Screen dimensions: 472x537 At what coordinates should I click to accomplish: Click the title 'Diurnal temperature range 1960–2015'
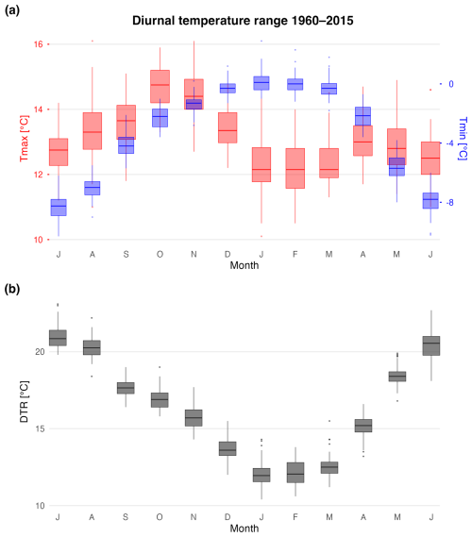coord(243,21)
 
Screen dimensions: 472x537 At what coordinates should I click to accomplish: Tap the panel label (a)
coord(12,10)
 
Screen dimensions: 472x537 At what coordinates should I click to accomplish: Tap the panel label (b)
coord(12,290)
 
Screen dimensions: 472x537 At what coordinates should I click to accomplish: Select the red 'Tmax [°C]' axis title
coord(24,139)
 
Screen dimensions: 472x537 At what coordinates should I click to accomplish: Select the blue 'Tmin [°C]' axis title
coord(463,139)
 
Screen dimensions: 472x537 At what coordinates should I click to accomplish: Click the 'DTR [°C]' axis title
coord(24,402)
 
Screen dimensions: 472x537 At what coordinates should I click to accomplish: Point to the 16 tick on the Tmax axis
coord(39,44)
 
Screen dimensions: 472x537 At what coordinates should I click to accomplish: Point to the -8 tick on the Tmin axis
coord(449,202)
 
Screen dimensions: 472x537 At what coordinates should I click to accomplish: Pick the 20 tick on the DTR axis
coord(40,352)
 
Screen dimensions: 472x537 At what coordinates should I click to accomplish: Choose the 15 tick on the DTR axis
coord(40,428)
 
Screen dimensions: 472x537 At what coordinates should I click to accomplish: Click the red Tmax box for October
coord(160,86)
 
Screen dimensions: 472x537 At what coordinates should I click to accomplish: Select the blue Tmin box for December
coord(228,88)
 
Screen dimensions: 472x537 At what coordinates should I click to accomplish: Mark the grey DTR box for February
coord(295,473)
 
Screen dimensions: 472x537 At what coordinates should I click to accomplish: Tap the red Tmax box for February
coord(295,168)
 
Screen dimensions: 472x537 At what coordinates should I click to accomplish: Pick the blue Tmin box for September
coord(126,145)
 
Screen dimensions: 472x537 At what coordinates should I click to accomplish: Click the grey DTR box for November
coord(194,418)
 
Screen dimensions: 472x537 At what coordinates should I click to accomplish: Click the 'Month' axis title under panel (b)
coord(244,529)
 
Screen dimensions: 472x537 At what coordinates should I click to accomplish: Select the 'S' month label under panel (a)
coord(126,255)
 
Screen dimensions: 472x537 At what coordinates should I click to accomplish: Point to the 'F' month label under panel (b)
coord(295,517)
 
